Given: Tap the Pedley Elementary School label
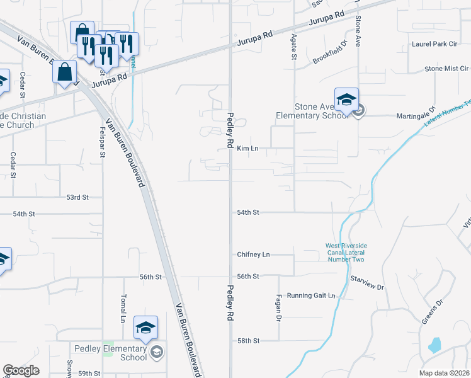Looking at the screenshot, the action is click(110, 353).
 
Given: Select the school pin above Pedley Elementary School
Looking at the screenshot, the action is click(145, 328).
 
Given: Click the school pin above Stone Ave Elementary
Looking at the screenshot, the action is click(346, 100).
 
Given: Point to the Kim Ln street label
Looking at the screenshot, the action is click(248, 149).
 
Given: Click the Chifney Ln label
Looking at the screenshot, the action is click(253, 255).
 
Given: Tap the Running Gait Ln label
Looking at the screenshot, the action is click(311, 295).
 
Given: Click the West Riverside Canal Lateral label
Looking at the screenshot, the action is click(346, 253).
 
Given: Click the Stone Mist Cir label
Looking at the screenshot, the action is click(446, 68).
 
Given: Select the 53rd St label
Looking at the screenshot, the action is click(77, 197).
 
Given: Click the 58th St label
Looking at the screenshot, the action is click(248, 341).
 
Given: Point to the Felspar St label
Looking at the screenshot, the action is click(101, 142).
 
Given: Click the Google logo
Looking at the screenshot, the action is click(21, 370).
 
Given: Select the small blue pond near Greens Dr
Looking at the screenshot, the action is click(434, 345).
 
